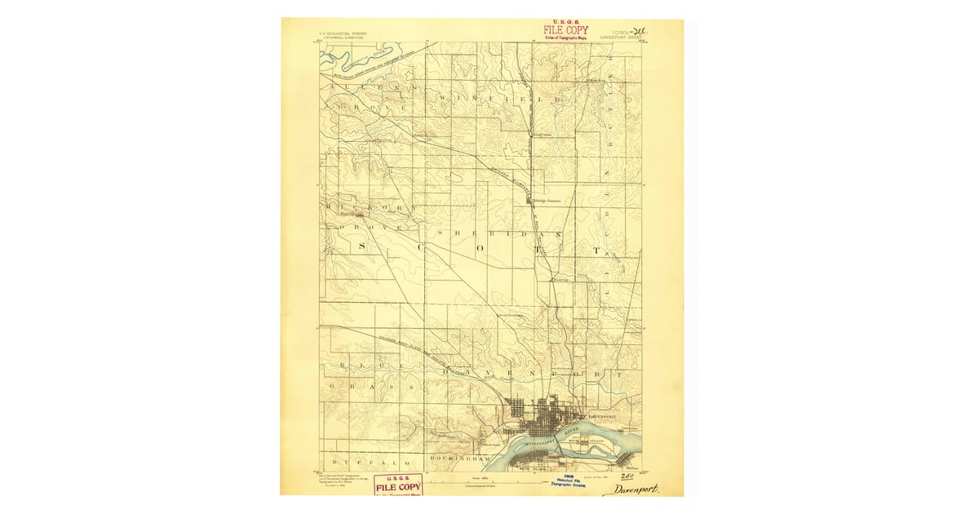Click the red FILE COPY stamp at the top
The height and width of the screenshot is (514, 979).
click(x=565, y=31)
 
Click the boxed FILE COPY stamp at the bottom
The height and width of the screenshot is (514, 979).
click(x=399, y=485)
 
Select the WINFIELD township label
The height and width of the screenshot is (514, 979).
click(x=500, y=99)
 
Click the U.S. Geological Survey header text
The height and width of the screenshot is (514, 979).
click(x=343, y=34)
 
